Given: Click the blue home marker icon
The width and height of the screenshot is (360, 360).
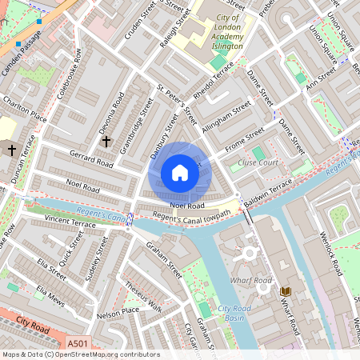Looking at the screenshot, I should (180, 173).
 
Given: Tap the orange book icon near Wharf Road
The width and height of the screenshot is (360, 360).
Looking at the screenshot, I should (286, 290).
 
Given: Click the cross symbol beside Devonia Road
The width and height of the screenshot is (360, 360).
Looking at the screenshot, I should (106, 141).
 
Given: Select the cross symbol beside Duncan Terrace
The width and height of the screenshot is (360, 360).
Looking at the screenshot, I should (12, 150).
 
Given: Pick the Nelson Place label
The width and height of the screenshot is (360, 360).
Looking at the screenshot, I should (118, 311).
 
